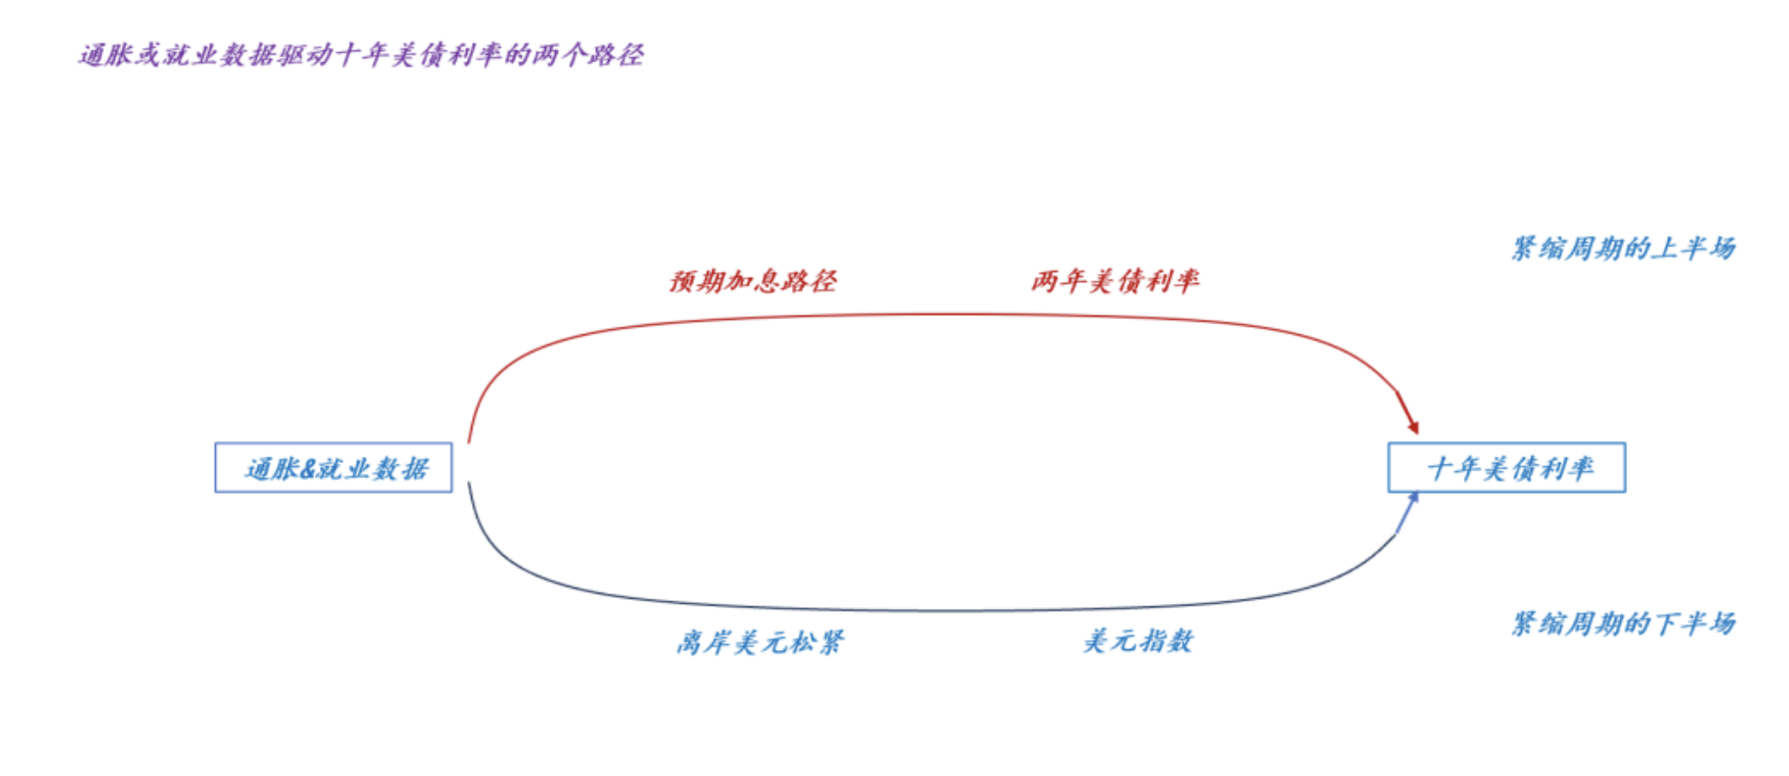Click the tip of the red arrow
tap(1419, 434)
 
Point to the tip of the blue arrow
tap(1417, 492)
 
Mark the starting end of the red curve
tap(469, 443)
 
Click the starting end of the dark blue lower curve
tap(469, 482)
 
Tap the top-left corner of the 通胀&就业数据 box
tap(216, 443)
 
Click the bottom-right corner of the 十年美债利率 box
tap(1625, 491)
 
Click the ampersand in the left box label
tap(307, 469)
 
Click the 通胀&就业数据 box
tap(333, 467)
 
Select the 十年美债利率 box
tap(1507, 467)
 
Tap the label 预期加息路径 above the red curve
tap(753, 281)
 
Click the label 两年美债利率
tap(1115, 281)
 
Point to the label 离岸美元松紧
tap(760, 642)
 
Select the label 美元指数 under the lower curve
tap(1138, 642)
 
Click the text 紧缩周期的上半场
tap(1624, 249)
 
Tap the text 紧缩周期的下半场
tap(1624, 623)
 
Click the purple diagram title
tap(361, 55)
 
